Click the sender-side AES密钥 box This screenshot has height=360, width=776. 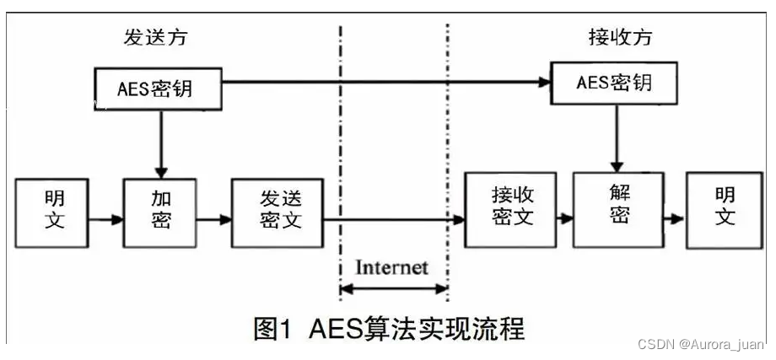click(158, 89)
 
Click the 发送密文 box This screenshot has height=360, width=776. click(278, 212)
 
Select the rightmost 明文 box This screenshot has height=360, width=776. click(725, 209)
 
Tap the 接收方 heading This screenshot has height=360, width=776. click(619, 37)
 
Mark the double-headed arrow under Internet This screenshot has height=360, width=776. click(393, 289)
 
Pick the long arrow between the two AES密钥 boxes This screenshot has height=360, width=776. click(385, 83)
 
